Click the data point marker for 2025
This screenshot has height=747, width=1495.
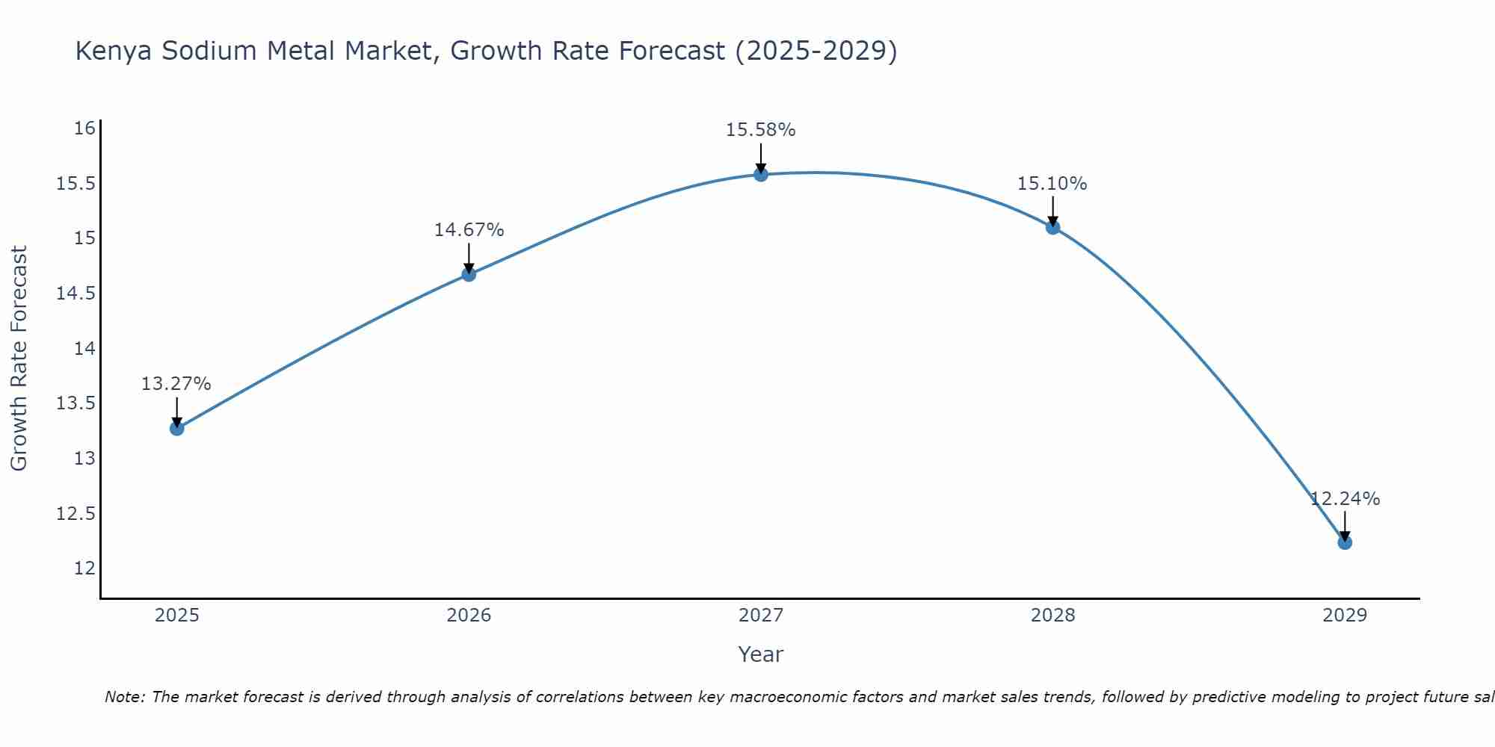pyautogui.click(x=177, y=428)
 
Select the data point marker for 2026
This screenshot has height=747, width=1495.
pyautogui.click(x=469, y=274)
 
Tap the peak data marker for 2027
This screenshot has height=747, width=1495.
pyautogui.click(x=761, y=174)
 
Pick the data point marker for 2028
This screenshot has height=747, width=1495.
pyautogui.click(x=1052, y=227)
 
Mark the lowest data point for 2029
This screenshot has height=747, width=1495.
pyautogui.click(x=1345, y=542)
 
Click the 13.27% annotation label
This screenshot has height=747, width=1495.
pyautogui.click(x=176, y=384)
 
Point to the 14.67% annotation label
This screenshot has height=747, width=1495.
pyautogui.click(x=469, y=230)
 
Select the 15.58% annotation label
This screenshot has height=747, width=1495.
pyautogui.click(x=761, y=130)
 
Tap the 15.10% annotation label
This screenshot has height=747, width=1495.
pyautogui.click(x=1052, y=184)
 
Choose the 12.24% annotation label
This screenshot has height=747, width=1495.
pyautogui.click(x=1345, y=499)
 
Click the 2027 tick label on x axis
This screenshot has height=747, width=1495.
pyautogui.click(x=761, y=616)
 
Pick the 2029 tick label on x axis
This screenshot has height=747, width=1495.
pyautogui.click(x=1345, y=616)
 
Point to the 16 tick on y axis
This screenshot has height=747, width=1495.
pyautogui.click(x=84, y=128)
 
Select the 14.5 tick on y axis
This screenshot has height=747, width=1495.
pyautogui.click(x=76, y=294)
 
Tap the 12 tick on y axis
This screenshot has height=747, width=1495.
pyautogui.click(x=84, y=568)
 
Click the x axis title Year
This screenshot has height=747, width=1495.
pyautogui.click(x=761, y=654)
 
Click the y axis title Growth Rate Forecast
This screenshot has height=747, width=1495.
pyautogui.click(x=19, y=359)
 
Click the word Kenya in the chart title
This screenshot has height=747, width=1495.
pyautogui.click(x=114, y=51)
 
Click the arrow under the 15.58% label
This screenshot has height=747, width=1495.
pyautogui.click(x=761, y=158)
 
